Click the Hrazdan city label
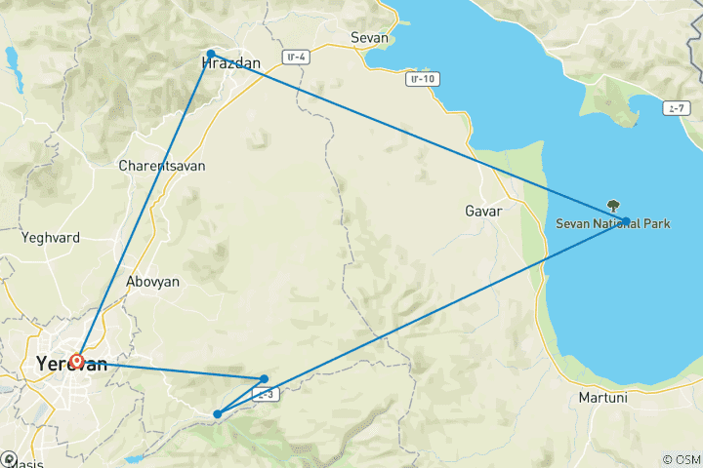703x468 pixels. point(230,64)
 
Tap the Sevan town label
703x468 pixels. point(369,39)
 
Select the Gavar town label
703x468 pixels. point(483,212)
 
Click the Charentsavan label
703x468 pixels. point(161,166)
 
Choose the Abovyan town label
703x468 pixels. point(153,281)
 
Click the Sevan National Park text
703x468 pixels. point(613,224)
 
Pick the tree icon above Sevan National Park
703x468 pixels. point(613,206)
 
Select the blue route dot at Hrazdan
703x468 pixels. point(211,54)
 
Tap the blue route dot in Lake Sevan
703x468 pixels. point(626,221)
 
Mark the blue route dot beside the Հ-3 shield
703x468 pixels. point(265,378)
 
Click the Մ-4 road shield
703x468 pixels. point(297,58)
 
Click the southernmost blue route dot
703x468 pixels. point(218,414)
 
